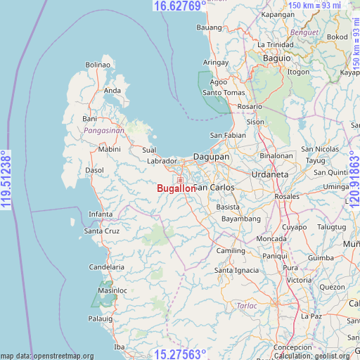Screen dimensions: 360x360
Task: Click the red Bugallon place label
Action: point(176,188)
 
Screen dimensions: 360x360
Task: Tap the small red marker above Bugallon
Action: point(180,181)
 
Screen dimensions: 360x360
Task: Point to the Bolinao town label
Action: point(98,65)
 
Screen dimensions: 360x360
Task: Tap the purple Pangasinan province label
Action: point(103,131)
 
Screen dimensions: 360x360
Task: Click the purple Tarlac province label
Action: point(246,306)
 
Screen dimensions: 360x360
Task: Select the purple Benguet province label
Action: point(304,32)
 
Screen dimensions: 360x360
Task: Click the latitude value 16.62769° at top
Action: point(180,6)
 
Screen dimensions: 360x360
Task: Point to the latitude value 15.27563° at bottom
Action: point(180,354)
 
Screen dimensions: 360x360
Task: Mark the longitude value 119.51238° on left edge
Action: point(6,180)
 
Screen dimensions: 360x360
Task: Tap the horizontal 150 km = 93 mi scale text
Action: point(316,6)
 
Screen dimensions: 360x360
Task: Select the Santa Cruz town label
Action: point(102,231)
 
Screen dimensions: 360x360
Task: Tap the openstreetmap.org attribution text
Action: point(47,356)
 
